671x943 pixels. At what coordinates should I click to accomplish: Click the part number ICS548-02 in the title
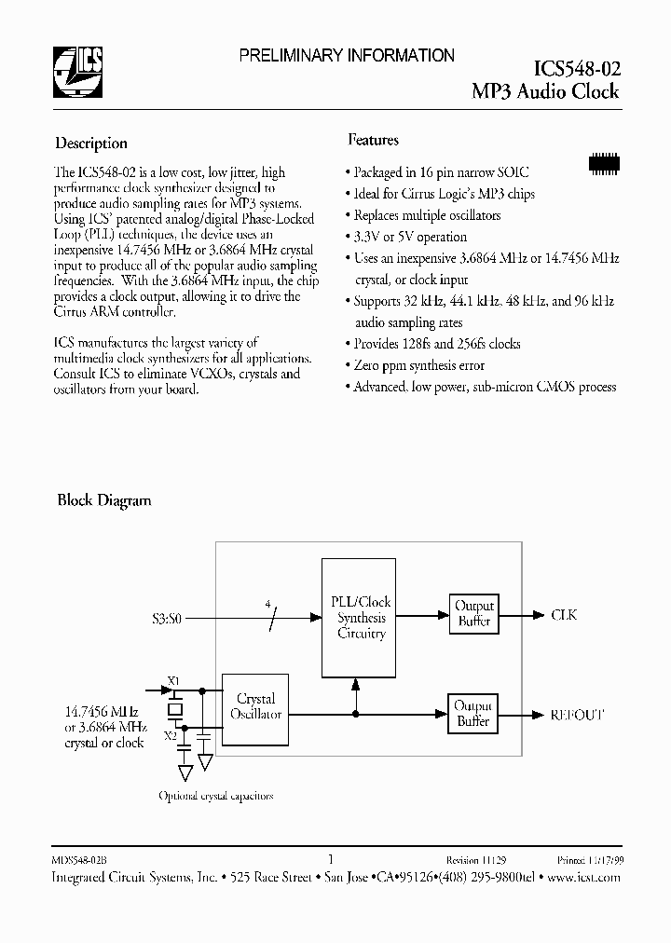[x=576, y=68]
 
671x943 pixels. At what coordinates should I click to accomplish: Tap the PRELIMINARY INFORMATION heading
[x=347, y=56]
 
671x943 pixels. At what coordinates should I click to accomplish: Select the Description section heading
[x=91, y=143]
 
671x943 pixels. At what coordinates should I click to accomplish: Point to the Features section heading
[x=374, y=140]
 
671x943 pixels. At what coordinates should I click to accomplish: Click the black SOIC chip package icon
[x=605, y=161]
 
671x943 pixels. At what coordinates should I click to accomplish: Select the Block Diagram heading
[x=104, y=500]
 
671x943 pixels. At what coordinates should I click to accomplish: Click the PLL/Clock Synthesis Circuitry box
[x=362, y=617]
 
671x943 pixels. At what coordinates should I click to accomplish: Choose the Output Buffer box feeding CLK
[x=473, y=613]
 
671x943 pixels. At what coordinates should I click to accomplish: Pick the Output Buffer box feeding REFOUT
[x=473, y=714]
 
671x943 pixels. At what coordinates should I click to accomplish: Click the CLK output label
[x=564, y=615]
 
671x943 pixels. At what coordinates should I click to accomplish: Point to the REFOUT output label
[x=577, y=715]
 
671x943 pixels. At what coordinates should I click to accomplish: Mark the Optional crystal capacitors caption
[x=216, y=796]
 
